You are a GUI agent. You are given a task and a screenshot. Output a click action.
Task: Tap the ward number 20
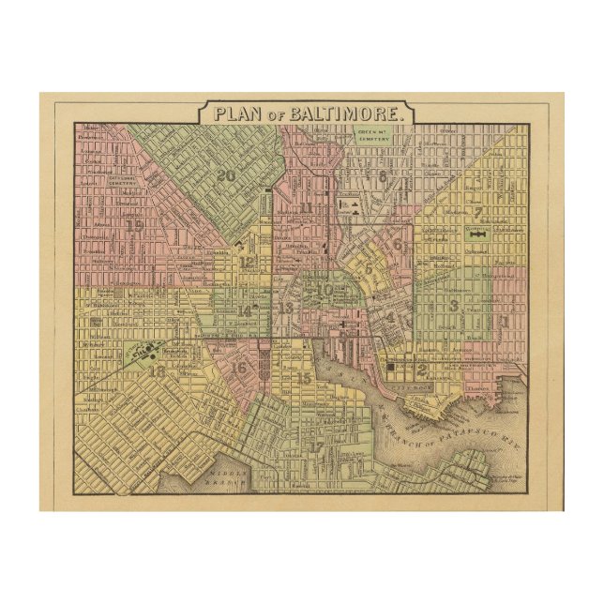point(225,174)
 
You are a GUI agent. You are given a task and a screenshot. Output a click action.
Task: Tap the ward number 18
point(156,371)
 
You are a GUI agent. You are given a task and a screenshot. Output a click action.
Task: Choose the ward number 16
point(240,368)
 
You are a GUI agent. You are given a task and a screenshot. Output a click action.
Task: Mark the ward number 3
point(453,305)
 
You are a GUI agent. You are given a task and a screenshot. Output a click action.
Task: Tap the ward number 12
point(247,263)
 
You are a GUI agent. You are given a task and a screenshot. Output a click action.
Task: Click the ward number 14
point(245,311)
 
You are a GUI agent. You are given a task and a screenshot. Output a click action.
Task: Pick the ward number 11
point(306,207)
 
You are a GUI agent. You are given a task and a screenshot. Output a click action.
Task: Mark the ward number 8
point(383,174)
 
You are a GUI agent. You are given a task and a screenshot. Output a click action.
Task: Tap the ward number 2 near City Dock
point(422,368)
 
